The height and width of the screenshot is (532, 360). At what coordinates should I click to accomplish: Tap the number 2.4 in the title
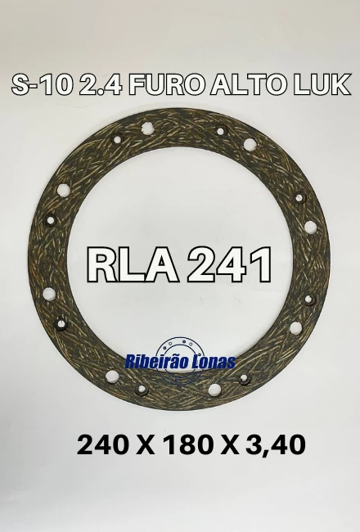101,84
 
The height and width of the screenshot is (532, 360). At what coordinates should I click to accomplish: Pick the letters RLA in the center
133,265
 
